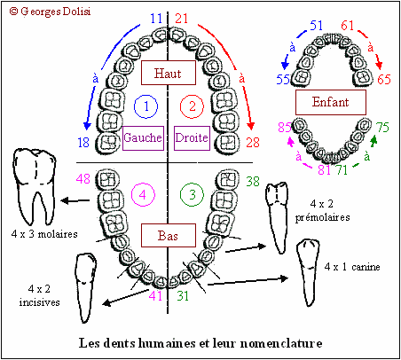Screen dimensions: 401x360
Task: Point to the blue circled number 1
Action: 145,106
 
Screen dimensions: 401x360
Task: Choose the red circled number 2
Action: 192,106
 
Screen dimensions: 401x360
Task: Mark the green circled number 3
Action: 192,194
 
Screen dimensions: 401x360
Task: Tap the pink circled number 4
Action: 143,194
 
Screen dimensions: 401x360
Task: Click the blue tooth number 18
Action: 83,143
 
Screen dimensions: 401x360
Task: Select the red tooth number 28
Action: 253,143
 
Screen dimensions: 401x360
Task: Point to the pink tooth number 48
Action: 83,179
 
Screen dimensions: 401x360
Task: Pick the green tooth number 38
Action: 253,181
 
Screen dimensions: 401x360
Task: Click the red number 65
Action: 384,79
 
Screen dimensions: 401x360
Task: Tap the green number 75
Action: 382,128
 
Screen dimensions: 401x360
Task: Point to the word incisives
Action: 39,302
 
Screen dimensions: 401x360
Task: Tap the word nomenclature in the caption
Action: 281,343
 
